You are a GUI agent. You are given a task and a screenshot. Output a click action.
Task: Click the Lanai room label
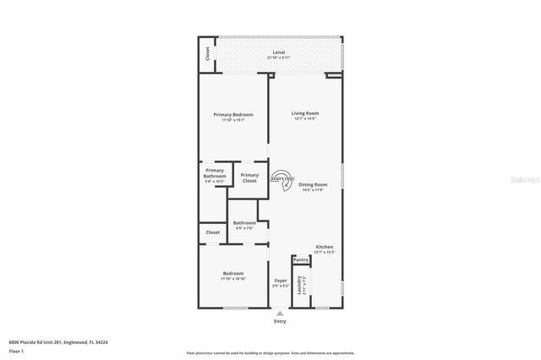(x=279, y=52)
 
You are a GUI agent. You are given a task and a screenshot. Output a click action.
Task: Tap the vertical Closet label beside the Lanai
(x=208, y=54)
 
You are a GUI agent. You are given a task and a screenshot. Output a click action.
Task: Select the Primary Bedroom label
(x=232, y=114)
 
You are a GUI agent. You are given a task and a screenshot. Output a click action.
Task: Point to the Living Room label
(x=305, y=113)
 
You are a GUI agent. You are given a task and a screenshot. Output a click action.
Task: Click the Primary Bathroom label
(x=214, y=173)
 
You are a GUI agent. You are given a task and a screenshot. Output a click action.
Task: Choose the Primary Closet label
(x=249, y=177)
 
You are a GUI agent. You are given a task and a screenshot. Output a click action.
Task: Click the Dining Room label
(x=313, y=184)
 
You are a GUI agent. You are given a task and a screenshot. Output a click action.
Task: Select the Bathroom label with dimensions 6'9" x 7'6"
(x=244, y=223)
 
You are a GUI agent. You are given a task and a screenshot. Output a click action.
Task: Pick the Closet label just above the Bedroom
(x=213, y=232)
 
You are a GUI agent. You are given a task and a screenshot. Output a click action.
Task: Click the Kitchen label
(x=325, y=247)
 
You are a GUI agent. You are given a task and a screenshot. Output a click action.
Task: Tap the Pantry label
(x=301, y=260)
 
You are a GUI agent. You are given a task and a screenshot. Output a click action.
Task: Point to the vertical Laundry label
(x=300, y=285)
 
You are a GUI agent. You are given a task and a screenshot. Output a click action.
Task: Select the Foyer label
(x=280, y=281)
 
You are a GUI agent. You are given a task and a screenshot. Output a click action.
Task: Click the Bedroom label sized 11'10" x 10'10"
(x=233, y=273)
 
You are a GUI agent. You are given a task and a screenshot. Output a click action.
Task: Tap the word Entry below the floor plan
(x=280, y=321)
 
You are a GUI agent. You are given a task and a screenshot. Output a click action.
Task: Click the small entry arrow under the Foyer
(x=280, y=313)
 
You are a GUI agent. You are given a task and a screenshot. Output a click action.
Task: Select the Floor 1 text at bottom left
(x=16, y=350)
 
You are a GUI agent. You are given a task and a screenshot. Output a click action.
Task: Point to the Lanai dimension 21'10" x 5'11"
(x=279, y=57)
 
